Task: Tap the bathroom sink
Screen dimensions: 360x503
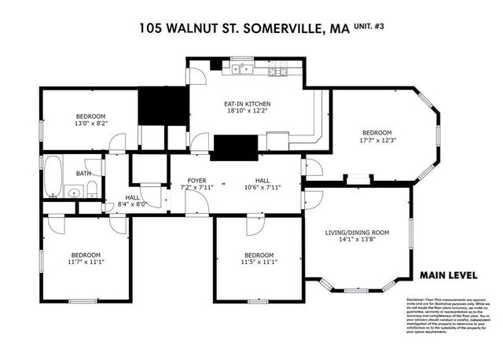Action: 74,190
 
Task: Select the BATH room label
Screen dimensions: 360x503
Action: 83,174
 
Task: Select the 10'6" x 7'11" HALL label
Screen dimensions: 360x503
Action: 262,184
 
